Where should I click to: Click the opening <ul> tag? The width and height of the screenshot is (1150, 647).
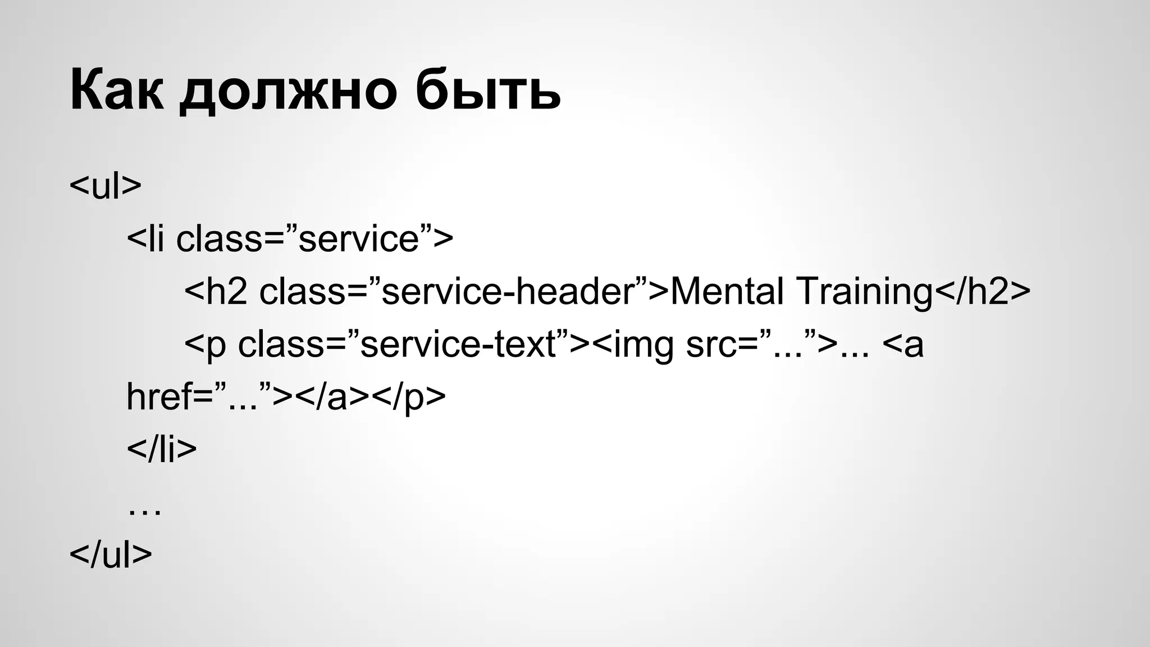105,186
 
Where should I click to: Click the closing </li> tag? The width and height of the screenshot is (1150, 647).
162,449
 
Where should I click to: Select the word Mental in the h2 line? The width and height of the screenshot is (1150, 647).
727,291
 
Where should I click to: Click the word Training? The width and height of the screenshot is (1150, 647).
864,293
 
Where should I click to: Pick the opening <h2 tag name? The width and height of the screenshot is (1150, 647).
216,291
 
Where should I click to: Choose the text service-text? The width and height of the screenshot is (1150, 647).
458,344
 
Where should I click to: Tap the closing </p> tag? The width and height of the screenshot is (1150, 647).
408,397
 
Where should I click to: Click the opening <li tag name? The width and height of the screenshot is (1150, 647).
145,239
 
